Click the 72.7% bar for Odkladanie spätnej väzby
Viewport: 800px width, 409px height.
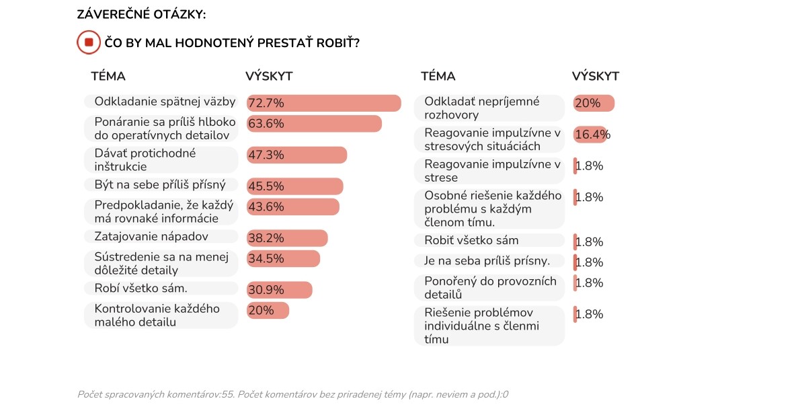point(323,103)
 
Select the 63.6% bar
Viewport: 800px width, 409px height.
point(314,124)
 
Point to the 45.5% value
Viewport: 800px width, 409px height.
point(266,186)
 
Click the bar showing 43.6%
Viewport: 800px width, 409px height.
point(292,207)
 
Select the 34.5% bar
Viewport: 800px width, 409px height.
point(283,258)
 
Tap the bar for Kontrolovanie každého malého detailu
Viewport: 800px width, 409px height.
point(268,310)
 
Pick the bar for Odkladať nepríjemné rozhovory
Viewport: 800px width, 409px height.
point(594,103)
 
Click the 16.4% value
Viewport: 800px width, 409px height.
point(592,135)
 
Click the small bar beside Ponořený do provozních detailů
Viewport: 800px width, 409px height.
point(575,283)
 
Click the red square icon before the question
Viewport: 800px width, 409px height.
point(88,42)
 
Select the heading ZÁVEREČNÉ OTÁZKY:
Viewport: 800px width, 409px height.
point(142,14)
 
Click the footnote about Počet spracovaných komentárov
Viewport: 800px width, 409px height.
point(292,394)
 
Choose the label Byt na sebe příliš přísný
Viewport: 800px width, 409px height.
point(161,184)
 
